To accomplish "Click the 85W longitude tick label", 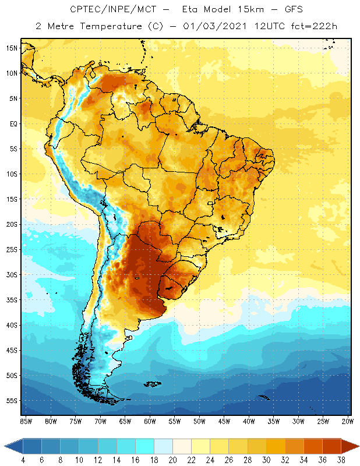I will pos(26,421).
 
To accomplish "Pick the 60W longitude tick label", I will pos(150,421).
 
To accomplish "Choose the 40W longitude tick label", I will pos(249,421).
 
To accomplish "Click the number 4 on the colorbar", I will pos(23,460).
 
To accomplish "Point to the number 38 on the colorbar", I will pos(340,460).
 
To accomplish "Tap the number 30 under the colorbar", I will pos(265,460).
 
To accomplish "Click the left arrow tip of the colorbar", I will pos(5,446).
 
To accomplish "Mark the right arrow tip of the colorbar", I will pos(358,446).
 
